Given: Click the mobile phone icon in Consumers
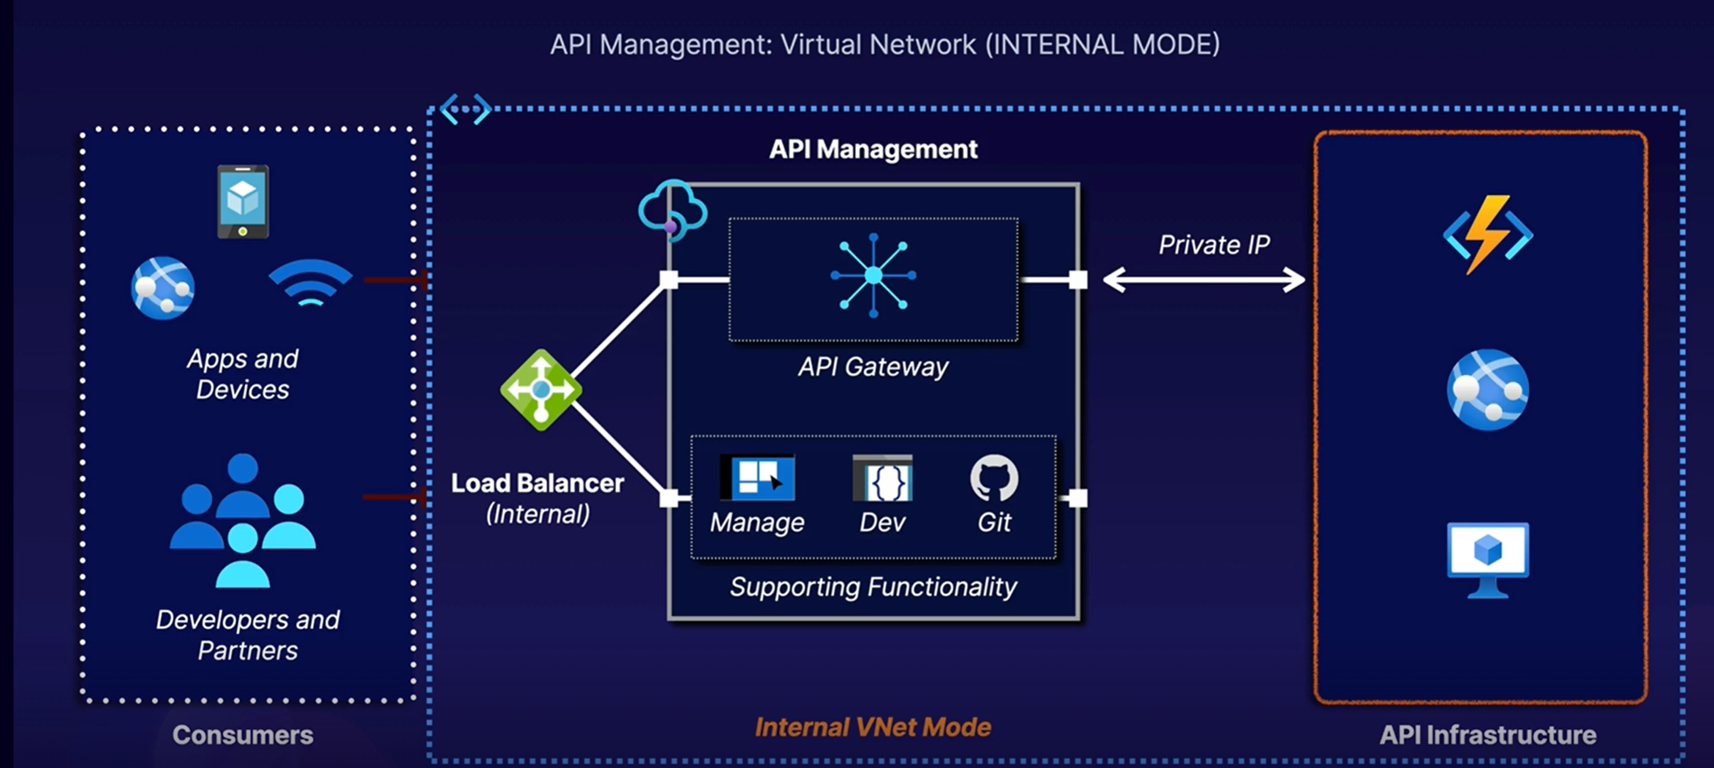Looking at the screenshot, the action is click(x=243, y=202).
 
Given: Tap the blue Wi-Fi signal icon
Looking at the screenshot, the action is click(x=311, y=283).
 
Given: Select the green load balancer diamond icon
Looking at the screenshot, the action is click(x=541, y=390).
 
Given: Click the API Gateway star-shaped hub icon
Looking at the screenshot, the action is click(x=873, y=276).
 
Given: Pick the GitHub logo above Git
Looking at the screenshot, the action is click(x=994, y=477).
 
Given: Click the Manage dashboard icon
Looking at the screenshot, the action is click(x=758, y=477).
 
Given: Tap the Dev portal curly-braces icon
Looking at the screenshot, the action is click(x=882, y=477).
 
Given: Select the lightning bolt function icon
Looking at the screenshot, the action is click(x=1488, y=234).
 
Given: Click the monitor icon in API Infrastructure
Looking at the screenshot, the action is click(x=1488, y=560).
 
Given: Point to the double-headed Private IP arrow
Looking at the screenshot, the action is click(x=1204, y=280).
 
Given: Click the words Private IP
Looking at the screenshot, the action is click(x=1214, y=244).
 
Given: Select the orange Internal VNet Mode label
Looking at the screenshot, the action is click(x=873, y=727).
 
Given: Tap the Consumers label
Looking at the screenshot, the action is click(x=243, y=735).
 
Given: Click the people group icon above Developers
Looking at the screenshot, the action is click(x=243, y=521).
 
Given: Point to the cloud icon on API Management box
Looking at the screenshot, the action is click(x=672, y=209).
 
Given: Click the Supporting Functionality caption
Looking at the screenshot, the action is click(x=873, y=587).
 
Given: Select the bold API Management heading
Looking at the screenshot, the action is click(x=873, y=149).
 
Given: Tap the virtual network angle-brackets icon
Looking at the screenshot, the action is click(x=466, y=109).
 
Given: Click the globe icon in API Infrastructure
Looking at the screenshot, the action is click(x=1488, y=390).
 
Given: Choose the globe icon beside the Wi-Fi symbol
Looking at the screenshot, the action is click(x=163, y=288).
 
